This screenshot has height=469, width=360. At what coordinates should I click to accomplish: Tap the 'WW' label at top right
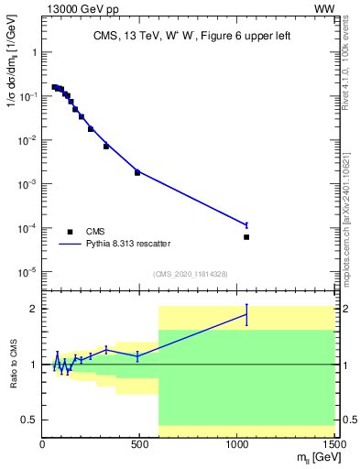click(x=324, y=8)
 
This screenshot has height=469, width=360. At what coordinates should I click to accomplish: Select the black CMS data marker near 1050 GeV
click(x=246, y=237)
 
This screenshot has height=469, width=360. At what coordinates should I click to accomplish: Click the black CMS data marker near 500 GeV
click(x=137, y=172)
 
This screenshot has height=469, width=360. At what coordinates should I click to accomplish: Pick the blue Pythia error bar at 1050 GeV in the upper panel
click(x=246, y=224)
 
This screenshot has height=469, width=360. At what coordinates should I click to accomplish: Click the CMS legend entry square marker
click(x=70, y=232)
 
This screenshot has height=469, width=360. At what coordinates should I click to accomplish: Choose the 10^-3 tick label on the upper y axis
click(x=27, y=184)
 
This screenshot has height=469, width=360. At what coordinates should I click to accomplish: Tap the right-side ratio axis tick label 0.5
click(x=348, y=420)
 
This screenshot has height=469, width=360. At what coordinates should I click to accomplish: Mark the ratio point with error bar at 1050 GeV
click(x=246, y=314)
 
